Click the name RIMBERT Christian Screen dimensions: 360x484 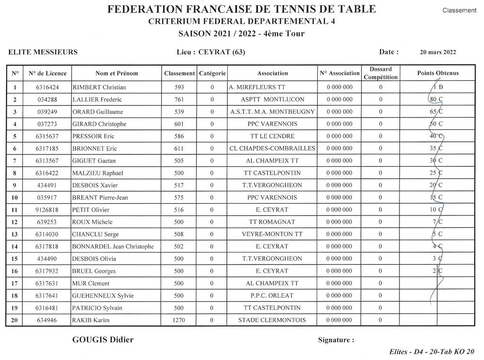99,87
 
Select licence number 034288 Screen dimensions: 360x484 47,100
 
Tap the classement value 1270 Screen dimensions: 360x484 179,320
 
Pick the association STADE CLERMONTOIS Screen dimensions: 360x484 272,320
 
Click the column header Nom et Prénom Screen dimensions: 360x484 117,73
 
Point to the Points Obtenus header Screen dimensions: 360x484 438,73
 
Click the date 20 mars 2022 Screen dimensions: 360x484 438,52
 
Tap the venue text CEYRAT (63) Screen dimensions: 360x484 222,52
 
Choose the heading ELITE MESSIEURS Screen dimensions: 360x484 43,52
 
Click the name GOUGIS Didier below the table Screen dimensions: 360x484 103,340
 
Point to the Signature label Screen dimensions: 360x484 336,340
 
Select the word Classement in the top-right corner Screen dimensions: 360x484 459,10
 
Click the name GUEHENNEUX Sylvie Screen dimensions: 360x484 103,296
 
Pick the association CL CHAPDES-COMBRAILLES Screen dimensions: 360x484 272,148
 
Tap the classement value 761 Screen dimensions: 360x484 179,100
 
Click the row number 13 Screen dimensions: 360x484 15,234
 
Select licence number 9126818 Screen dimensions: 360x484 47,210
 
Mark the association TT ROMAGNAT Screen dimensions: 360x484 272,222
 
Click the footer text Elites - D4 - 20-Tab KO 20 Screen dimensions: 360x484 432,351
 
